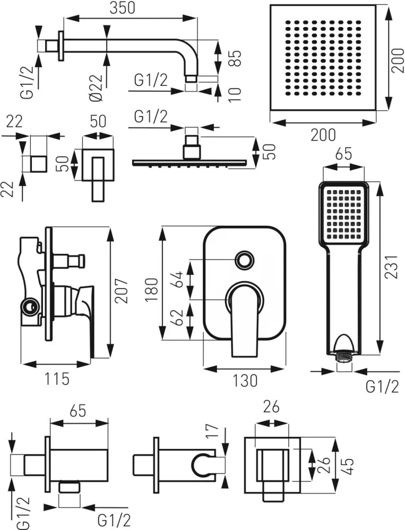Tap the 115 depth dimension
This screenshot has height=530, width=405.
(x=57, y=379)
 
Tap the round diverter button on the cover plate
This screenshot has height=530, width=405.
(x=245, y=259)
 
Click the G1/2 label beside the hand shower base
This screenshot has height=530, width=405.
(x=382, y=387)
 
